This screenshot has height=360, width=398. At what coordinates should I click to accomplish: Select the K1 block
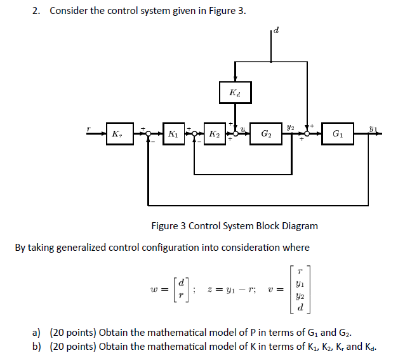point(173,134)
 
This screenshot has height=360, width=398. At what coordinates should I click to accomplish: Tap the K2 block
point(215,134)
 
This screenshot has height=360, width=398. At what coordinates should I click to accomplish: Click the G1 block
point(338,134)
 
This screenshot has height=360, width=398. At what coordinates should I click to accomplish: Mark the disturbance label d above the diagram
point(277,29)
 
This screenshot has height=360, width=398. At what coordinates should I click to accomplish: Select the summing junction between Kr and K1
point(148,135)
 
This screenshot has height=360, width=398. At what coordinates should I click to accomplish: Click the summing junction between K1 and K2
point(193,135)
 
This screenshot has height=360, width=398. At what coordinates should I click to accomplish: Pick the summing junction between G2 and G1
point(309,135)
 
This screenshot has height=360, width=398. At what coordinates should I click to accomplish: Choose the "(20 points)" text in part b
point(74,346)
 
